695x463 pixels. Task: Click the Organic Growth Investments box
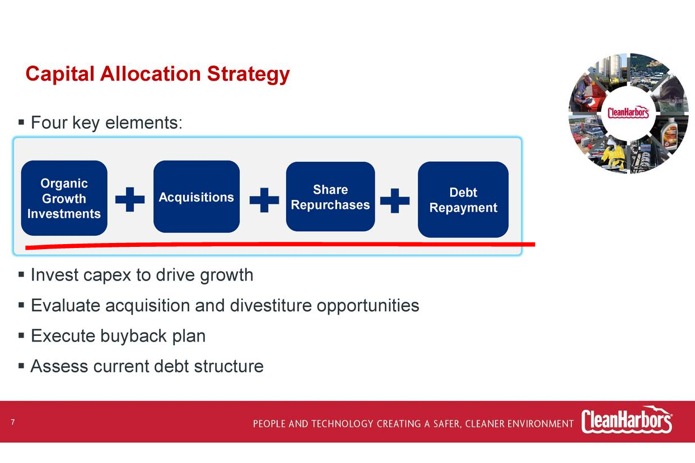point(64,198)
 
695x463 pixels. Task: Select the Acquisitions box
point(197,197)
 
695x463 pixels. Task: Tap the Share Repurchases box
point(330,197)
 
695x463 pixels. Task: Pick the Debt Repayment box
point(463,199)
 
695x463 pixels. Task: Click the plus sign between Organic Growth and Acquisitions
point(130,199)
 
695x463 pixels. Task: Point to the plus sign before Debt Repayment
point(395,200)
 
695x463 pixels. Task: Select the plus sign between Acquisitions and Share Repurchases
point(264,200)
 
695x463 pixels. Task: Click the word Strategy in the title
point(248,74)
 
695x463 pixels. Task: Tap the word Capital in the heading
point(60,74)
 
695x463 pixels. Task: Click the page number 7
point(13,422)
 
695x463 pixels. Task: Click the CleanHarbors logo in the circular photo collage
point(628,113)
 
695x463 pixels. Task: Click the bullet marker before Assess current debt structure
point(21,366)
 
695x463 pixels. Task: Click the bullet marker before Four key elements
point(21,122)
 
